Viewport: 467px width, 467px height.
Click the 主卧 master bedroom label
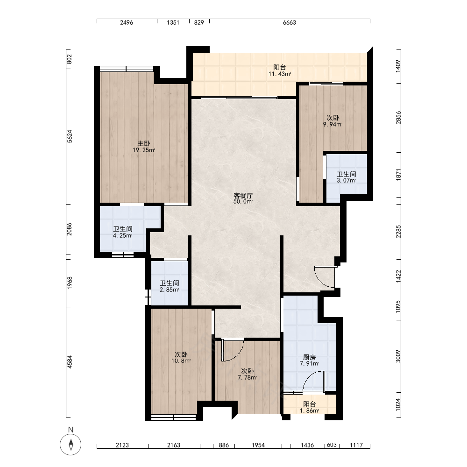tap(143, 143)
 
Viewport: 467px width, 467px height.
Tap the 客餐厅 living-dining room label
tap(243, 196)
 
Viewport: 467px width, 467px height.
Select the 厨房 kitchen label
tap(309, 357)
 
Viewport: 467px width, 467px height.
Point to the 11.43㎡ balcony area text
tap(280, 74)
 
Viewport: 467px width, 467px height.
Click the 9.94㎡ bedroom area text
tap(333, 125)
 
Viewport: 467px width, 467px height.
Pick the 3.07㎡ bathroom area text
tap(347, 180)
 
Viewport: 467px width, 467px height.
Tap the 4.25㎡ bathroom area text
tap(122, 235)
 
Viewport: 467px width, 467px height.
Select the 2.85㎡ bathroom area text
tap(169, 290)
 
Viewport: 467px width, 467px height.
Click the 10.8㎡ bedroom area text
tap(181, 361)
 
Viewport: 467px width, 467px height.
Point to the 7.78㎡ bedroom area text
tap(247, 378)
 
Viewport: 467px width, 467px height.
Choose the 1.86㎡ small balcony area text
tap(310, 410)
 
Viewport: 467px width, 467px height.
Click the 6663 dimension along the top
tap(290, 22)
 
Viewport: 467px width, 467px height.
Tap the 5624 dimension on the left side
tap(70, 136)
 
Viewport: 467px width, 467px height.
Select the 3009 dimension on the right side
tap(398, 356)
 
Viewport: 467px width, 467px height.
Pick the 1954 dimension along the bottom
tap(258, 445)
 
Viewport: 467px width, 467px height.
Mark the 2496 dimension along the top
tap(127, 22)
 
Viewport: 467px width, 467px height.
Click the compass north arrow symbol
tap(71, 445)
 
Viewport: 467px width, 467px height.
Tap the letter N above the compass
tap(71, 430)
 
